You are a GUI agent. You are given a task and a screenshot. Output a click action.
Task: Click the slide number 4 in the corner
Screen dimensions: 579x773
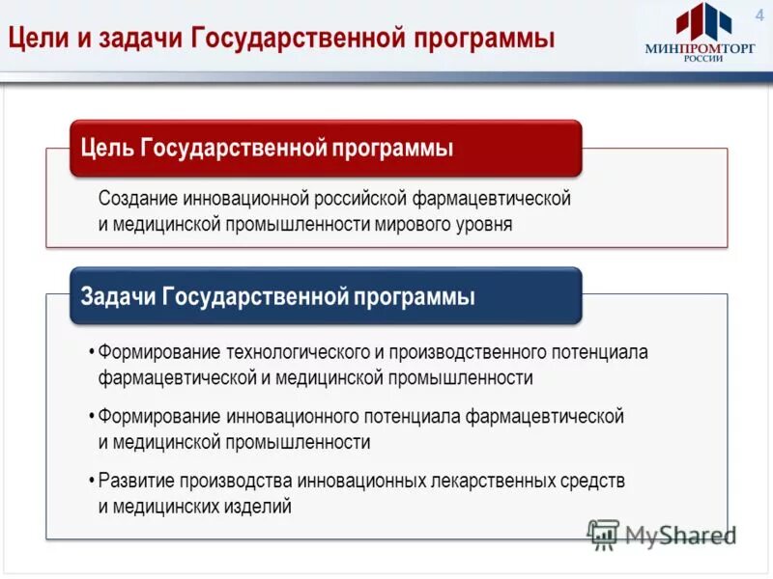coord(759,12)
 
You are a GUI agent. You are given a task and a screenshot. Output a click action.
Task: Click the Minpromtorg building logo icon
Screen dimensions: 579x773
coord(702,22)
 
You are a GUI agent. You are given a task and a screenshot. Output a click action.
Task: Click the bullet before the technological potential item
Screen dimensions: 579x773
coord(90,352)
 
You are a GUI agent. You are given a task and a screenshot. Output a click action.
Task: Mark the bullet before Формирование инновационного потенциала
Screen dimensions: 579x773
coord(90,417)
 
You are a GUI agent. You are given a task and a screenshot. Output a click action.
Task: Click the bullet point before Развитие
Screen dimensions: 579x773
coord(90,481)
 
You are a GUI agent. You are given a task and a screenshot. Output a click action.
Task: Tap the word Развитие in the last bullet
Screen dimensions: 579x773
coord(135,481)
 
